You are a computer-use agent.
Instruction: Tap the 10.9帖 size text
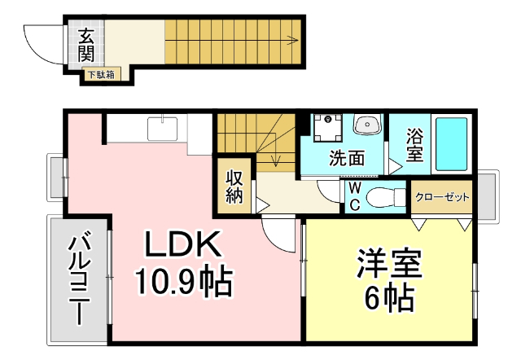coord(184,282)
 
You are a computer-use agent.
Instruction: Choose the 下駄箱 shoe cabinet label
coord(102,75)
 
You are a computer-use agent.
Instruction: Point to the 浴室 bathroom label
coord(414,143)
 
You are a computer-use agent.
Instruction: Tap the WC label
coord(354,196)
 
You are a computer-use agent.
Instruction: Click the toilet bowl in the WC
coord(385,197)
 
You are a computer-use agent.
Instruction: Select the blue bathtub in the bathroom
coord(452,143)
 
